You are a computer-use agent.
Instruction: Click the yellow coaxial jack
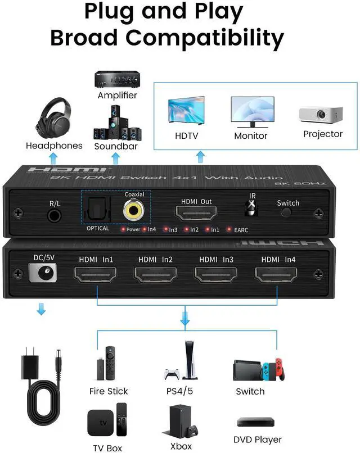(134, 211)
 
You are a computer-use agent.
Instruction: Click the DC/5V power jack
(41, 274)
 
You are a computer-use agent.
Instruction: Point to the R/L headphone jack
(55, 214)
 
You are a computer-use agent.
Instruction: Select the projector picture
(321, 114)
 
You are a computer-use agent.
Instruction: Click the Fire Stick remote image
(111, 362)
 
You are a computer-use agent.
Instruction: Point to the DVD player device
(258, 422)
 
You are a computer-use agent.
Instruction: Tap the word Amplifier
(117, 95)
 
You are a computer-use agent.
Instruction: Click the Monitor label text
(251, 135)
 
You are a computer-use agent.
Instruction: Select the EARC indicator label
(241, 229)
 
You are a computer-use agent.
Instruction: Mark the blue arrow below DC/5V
(40, 310)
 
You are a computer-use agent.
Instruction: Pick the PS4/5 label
(181, 391)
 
